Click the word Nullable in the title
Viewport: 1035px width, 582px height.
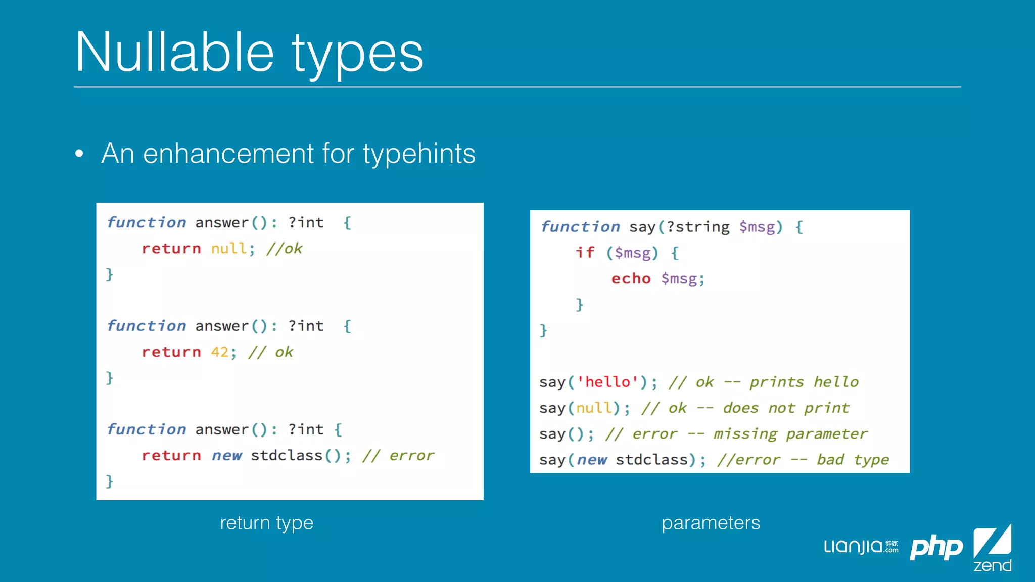coord(174,52)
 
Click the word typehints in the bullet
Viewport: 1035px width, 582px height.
coord(419,154)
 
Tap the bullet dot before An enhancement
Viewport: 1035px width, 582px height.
coord(79,153)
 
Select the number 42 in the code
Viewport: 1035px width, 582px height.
coord(220,352)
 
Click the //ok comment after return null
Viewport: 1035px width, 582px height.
coord(284,248)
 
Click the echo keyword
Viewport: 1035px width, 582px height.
coord(631,278)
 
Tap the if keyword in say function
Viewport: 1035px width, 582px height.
coord(585,252)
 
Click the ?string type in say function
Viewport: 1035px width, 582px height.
coord(698,227)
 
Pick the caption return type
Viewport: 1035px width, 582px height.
coord(266,523)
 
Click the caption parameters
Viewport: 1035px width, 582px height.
coord(711,523)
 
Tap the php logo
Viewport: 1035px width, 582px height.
coord(936,547)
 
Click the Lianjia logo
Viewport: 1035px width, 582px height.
coord(861,546)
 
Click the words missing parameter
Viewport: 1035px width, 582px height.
coord(790,434)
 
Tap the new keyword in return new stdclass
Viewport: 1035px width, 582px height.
coord(227,456)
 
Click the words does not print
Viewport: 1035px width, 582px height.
coord(786,408)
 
